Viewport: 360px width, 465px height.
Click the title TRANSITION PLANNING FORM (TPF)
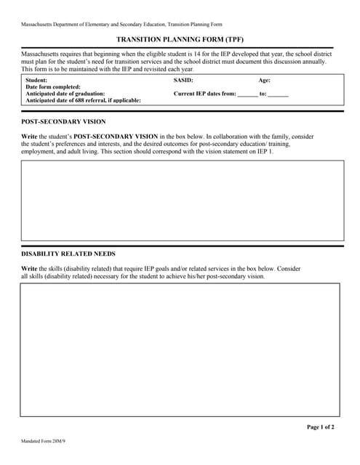(179, 41)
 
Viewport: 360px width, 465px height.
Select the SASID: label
(183, 80)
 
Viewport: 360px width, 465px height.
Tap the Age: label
(264, 80)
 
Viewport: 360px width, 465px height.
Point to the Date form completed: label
(53, 87)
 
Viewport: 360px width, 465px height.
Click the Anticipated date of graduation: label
(65, 94)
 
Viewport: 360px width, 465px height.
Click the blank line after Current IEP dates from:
(247, 94)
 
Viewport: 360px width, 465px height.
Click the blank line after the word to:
(278, 94)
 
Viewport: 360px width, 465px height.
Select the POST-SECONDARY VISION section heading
(63, 121)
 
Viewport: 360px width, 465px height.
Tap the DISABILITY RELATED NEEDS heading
(68, 254)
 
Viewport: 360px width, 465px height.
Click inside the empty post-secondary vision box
(182, 201)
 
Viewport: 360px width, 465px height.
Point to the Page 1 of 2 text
(321, 427)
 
